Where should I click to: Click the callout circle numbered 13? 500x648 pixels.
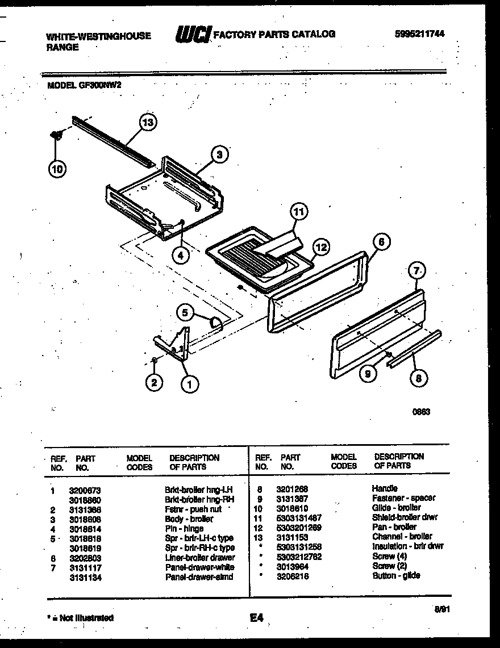(148, 123)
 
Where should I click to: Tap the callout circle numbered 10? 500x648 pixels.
(58, 168)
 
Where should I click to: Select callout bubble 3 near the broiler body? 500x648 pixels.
(220, 154)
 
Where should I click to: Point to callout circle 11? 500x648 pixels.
(299, 212)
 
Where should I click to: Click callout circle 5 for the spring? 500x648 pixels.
(184, 311)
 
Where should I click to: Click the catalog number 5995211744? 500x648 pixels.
(420, 34)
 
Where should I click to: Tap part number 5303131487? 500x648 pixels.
(299, 517)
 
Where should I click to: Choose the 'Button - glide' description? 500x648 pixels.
(396, 575)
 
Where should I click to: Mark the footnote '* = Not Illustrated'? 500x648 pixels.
(80, 617)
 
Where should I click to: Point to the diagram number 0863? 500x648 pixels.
(421, 412)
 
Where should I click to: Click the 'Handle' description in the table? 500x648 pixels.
(385, 488)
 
